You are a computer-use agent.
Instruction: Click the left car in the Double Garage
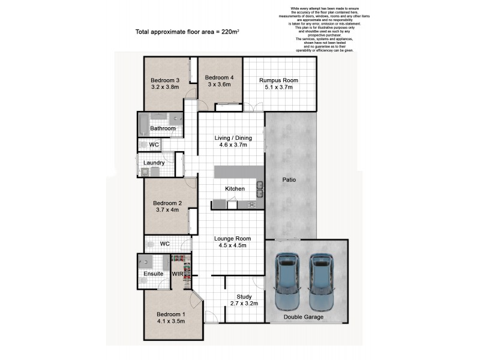287,280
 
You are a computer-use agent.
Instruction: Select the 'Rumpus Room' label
278,80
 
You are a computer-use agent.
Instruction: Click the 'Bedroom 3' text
165,80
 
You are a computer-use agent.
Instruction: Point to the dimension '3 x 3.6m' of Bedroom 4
219,85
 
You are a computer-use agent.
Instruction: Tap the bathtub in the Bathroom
144,125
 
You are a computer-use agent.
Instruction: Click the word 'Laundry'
154,163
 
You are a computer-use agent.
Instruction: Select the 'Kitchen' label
235,189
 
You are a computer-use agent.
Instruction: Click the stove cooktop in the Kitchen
250,205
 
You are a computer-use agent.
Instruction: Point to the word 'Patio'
290,179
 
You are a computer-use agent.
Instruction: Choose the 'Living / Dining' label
233,138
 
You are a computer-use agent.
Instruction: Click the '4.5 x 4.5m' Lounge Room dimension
231,245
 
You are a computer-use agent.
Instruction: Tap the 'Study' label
244,296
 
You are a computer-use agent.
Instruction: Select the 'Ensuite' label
151,274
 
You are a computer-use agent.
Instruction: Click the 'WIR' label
178,274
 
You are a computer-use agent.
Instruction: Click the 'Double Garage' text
304,317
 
